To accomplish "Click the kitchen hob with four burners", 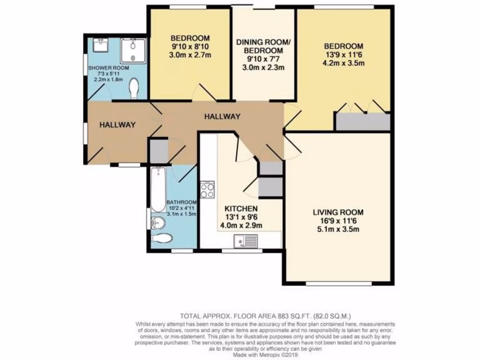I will coord(207,189).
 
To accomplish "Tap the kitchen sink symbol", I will coord(246,242).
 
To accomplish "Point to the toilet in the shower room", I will coord(135,89).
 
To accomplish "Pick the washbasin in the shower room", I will coord(100,45).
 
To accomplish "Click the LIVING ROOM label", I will coord(338,212).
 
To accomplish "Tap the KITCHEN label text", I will coord(241,208).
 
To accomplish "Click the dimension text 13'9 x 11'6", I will coord(344,55).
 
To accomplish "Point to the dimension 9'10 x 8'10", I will coord(190,46).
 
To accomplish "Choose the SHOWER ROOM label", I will coord(109,68).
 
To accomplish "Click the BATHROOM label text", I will coord(181,202).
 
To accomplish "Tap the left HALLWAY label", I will coord(117,125).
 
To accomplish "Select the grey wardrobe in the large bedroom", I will coord(362,121).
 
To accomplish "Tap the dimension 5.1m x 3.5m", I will coord(338,229).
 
